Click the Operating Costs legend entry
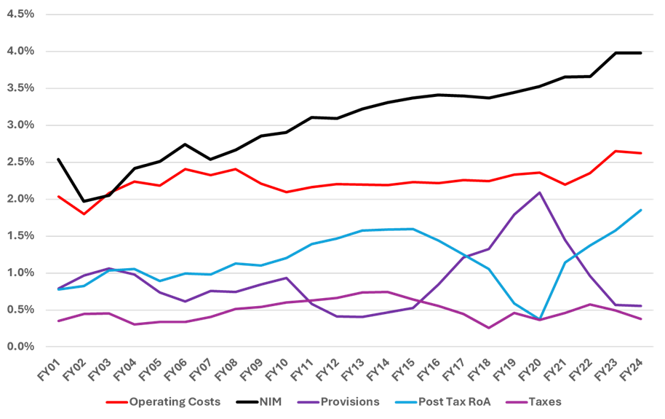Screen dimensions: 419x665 click(175, 402)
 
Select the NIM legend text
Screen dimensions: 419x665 click(270, 402)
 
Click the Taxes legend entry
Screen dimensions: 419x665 click(546, 402)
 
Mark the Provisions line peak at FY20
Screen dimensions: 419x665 click(539, 192)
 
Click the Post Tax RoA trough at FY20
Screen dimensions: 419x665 click(539, 318)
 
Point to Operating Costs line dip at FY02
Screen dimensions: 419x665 click(84, 214)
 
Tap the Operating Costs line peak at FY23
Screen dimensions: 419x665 click(616, 151)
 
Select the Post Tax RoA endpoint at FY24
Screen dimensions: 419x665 click(641, 210)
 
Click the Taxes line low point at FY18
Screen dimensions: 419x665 click(488, 328)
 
